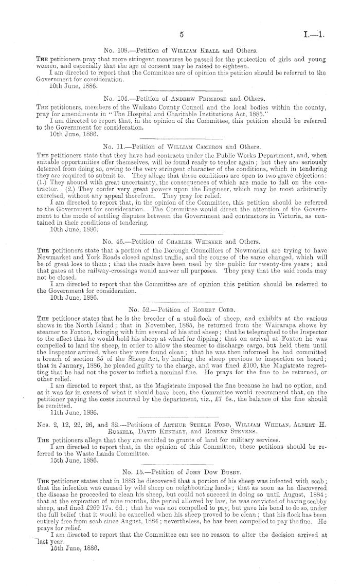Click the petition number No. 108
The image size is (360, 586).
(116, 50)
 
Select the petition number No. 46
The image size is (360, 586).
(114, 226)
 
